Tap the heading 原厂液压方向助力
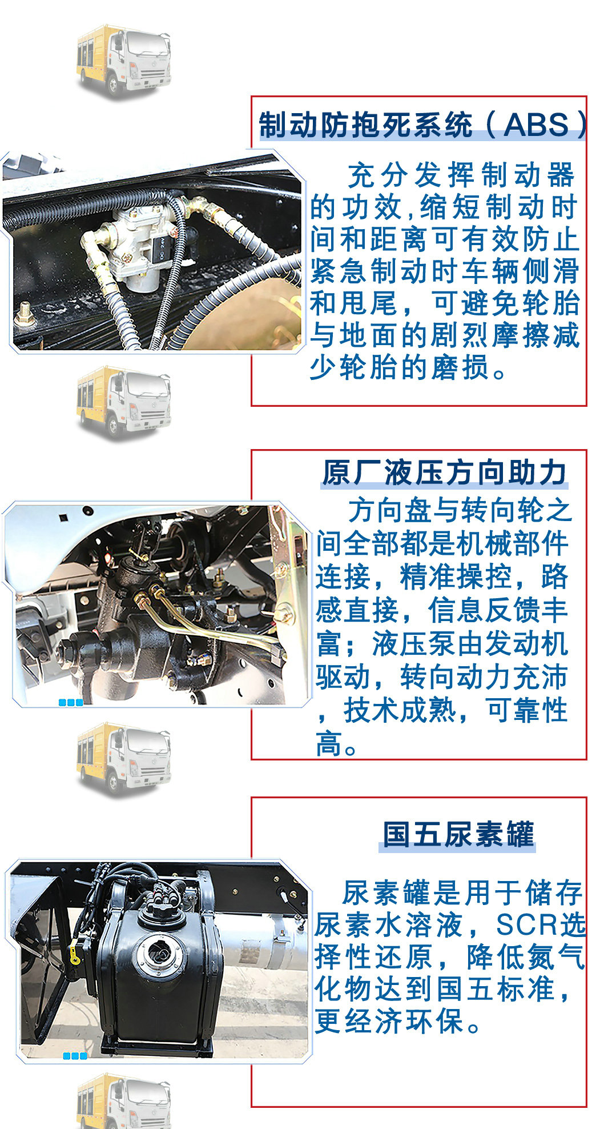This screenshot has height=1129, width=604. tap(444, 473)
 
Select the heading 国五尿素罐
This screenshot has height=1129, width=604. tap(458, 834)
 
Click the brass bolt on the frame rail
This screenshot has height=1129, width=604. tap(24, 313)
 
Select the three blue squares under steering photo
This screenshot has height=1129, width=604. tap(71, 702)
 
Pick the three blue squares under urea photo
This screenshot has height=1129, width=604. tap(75, 1056)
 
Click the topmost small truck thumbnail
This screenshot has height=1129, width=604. tap(124, 60)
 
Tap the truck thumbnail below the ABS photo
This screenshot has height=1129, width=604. tap(124, 402)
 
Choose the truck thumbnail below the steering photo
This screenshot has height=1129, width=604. tap(124, 758)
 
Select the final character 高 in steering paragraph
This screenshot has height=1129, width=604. tap(329, 743)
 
